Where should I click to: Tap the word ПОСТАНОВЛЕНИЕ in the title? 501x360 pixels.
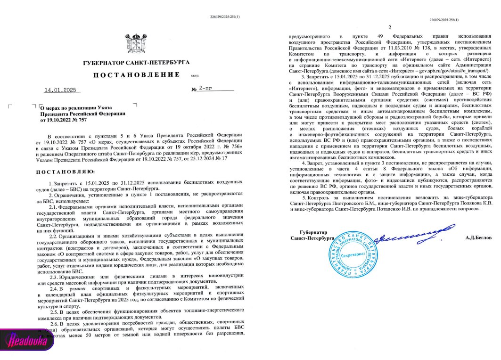click(136, 75)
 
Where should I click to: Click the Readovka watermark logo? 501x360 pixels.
click(27, 340)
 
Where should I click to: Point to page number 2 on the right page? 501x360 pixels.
click(390, 28)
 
